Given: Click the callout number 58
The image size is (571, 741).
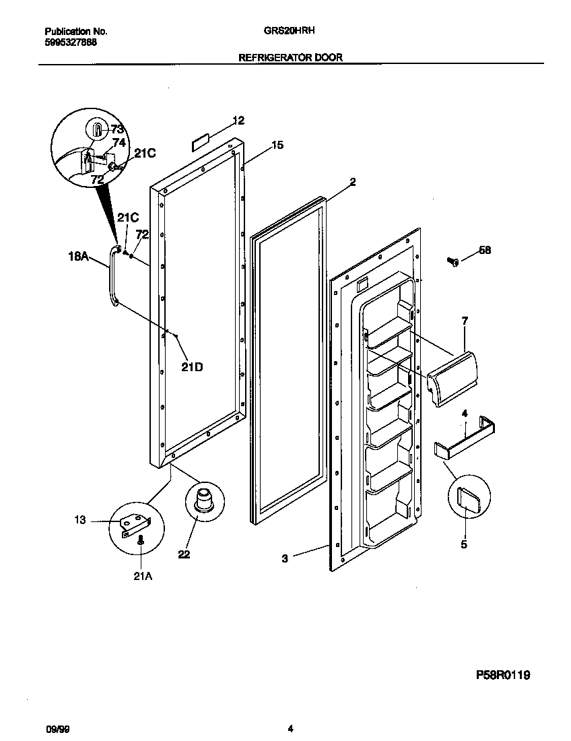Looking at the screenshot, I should tap(485, 250).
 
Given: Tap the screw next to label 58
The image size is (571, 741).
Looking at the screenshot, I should tap(452, 261).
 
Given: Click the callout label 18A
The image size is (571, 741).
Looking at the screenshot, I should tap(78, 256).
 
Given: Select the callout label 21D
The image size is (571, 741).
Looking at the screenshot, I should tap(192, 367).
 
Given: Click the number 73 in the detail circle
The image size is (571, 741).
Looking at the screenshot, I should tap(117, 129).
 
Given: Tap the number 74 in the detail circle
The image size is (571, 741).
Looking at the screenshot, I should tap(119, 142).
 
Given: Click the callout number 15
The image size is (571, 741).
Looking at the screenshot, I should tap(277, 145).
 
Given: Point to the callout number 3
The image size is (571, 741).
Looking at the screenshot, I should tap(285, 558).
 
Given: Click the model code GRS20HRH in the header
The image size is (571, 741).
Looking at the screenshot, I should tap(290, 31).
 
